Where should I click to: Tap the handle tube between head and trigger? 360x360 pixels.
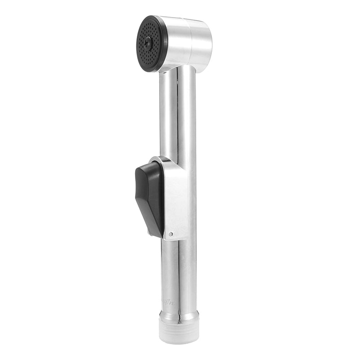[x=178, y=117]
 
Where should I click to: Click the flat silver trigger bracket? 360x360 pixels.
[x=175, y=198]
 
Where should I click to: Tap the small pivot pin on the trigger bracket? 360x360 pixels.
[x=171, y=234]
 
